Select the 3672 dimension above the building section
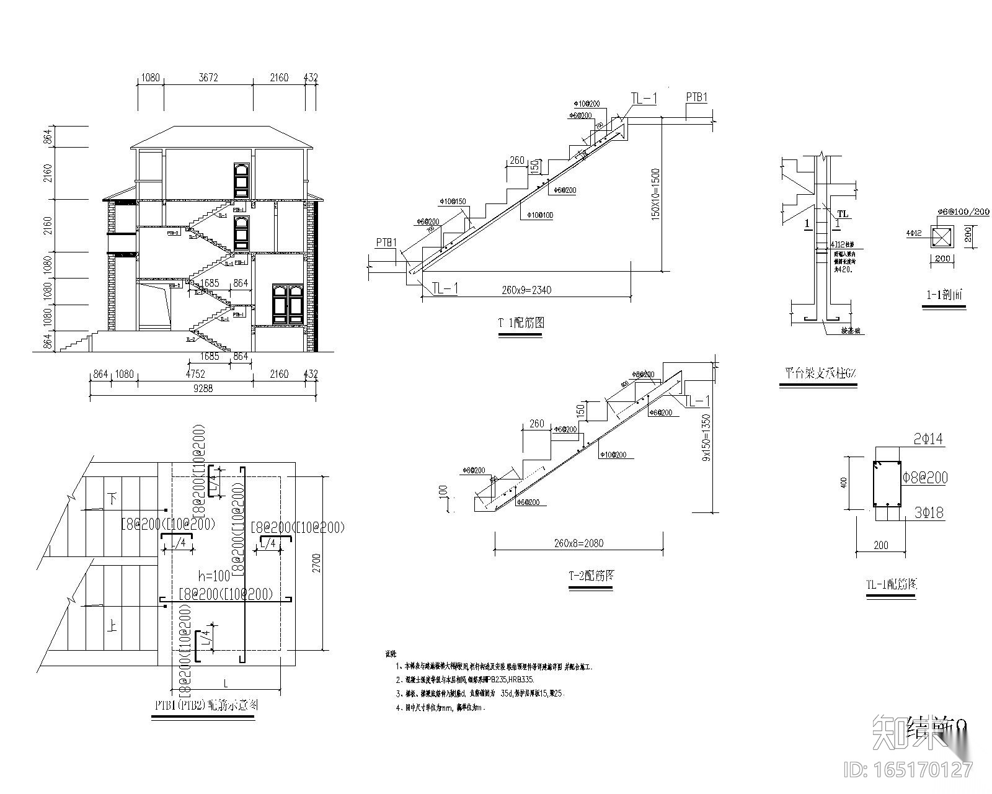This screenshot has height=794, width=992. [208, 78]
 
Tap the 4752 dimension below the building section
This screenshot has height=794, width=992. [195, 374]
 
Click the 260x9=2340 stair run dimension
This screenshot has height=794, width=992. [526, 290]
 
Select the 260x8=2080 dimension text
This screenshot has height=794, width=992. [578, 543]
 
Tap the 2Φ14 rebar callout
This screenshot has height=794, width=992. [928, 440]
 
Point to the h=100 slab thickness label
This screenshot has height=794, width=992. [214, 575]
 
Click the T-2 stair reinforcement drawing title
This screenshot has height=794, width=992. [591, 575]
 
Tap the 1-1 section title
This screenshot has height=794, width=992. [944, 295]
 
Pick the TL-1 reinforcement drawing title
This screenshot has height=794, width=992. [891, 584]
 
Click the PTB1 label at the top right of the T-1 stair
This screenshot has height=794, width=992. [696, 97]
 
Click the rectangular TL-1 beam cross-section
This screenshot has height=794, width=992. [887, 483]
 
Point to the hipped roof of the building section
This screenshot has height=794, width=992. [221, 137]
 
